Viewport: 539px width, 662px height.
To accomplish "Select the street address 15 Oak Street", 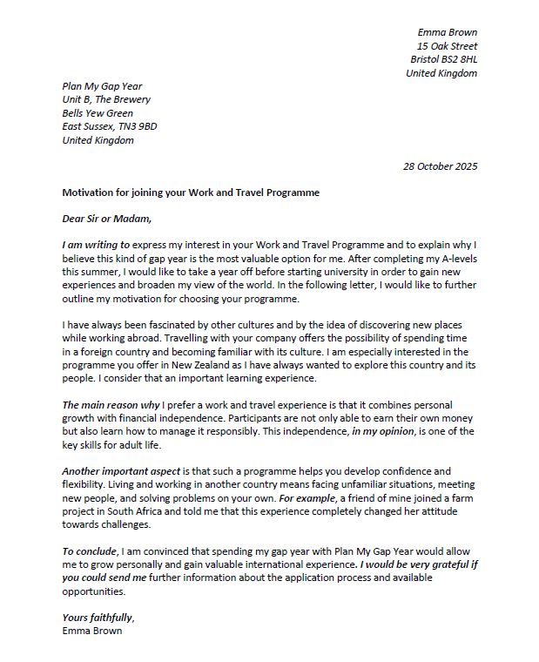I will pyautogui.click(x=447, y=46).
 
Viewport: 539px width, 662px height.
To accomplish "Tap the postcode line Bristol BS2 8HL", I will pyautogui.click(x=443, y=59).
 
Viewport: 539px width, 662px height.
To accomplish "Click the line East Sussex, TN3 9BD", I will pyautogui.click(x=110, y=126).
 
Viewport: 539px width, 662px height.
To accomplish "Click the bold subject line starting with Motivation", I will pyautogui.click(x=191, y=193).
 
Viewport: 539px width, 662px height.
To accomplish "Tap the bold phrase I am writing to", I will pyautogui.click(x=96, y=246).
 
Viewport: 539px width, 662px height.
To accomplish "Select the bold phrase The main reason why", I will pyautogui.click(x=110, y=405).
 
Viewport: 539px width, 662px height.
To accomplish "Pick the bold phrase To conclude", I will pyautogui.click(x=91, y=551).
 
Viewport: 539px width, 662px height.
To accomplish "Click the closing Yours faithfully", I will pyautogui.click(x=98, y=618).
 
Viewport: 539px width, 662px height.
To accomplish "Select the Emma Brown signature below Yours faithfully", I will pyautogui.click(x=92, y=631).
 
